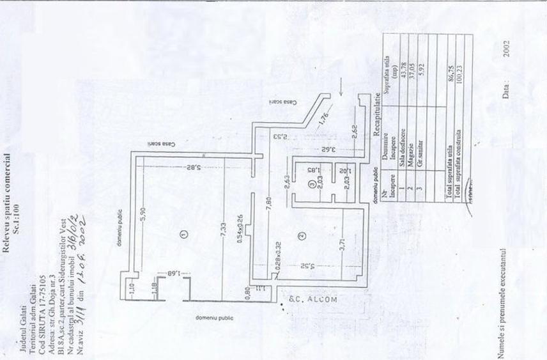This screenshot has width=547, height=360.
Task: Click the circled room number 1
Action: pyautogui.click(x=183, y=234)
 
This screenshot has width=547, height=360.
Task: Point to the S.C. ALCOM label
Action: pyautogui.click(x=309, y=298)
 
